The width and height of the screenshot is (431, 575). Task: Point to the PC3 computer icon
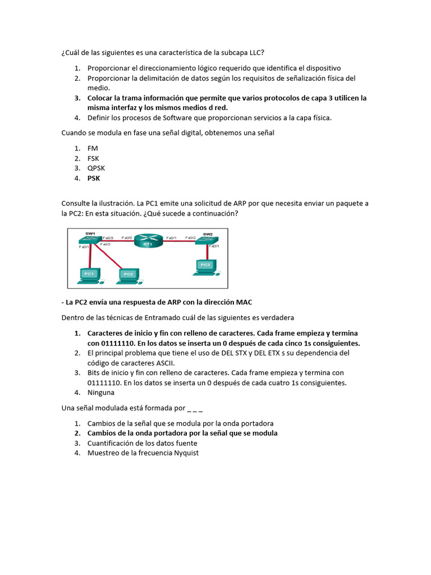click(x=205, y=265)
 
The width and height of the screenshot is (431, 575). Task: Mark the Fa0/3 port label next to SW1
click(x=108, y=238)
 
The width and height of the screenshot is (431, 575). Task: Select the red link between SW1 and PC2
click(x=109, y=255)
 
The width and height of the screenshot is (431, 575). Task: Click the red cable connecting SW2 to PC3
click(x=206, y=251)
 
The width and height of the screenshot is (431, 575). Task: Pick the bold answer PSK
click(x=93, y=179)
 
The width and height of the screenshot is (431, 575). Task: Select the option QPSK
click(x=96, y=168)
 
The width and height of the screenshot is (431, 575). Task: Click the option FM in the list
click(x=93, y=148)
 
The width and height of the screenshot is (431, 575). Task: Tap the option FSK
click(x=93, y=158)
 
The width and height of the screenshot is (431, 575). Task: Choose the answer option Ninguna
click(x=101, y=393)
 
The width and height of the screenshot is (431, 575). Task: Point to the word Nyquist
click(x=185, y=453)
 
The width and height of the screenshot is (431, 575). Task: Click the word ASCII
click(x=160, y=363)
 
